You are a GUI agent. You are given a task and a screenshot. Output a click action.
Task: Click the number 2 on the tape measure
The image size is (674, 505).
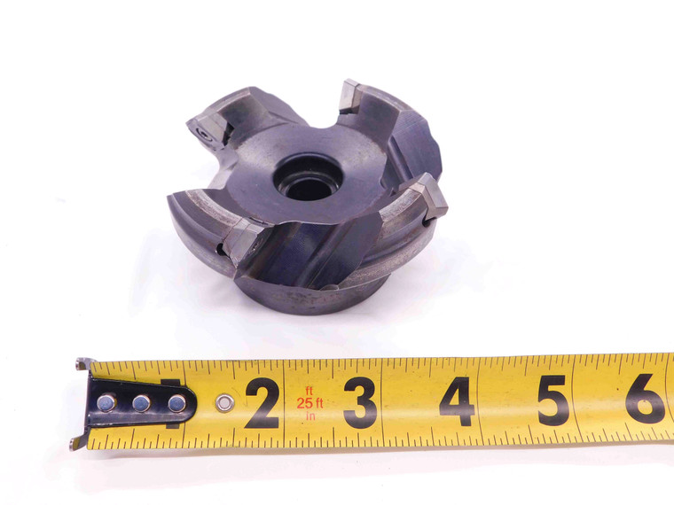pos(262,403)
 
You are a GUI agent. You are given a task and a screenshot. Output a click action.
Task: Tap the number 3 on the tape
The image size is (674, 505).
pos(360,403)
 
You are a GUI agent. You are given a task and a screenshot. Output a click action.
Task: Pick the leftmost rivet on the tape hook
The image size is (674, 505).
pos(106,402)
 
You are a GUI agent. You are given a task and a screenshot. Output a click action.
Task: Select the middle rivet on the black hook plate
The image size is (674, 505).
pos(142,403)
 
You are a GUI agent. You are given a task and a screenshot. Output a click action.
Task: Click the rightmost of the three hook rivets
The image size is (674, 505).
pos(177,403)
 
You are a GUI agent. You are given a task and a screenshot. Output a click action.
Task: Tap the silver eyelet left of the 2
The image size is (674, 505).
pos(225,403)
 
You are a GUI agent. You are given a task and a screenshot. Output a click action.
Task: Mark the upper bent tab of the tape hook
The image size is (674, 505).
pos(82,363)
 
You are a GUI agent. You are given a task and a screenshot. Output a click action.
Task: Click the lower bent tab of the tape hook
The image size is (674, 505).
pos(80,441)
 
